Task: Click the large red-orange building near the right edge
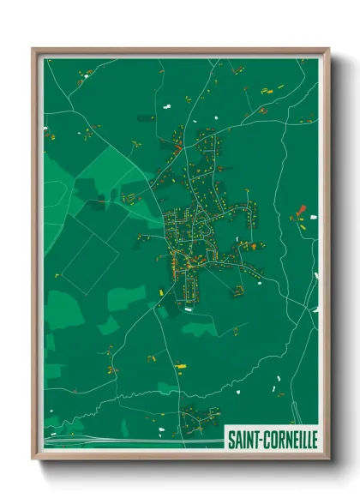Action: (301, 208)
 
